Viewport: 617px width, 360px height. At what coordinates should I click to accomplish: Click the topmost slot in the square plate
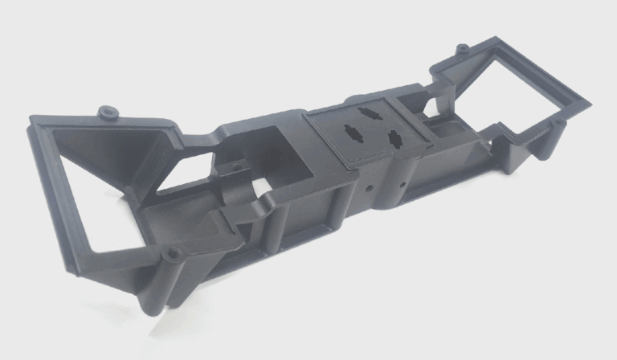(x=369, y=112)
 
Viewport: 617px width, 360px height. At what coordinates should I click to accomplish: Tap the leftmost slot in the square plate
(x=352, y=129)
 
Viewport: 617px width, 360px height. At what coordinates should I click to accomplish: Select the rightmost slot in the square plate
(x=395, y=137)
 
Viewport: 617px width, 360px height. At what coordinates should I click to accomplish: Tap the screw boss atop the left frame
(x=107, y=109)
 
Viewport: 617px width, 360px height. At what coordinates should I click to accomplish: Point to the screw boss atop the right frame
(x=463, y=50)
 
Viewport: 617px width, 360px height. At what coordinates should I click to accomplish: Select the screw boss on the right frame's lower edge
(x=554, y=123)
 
